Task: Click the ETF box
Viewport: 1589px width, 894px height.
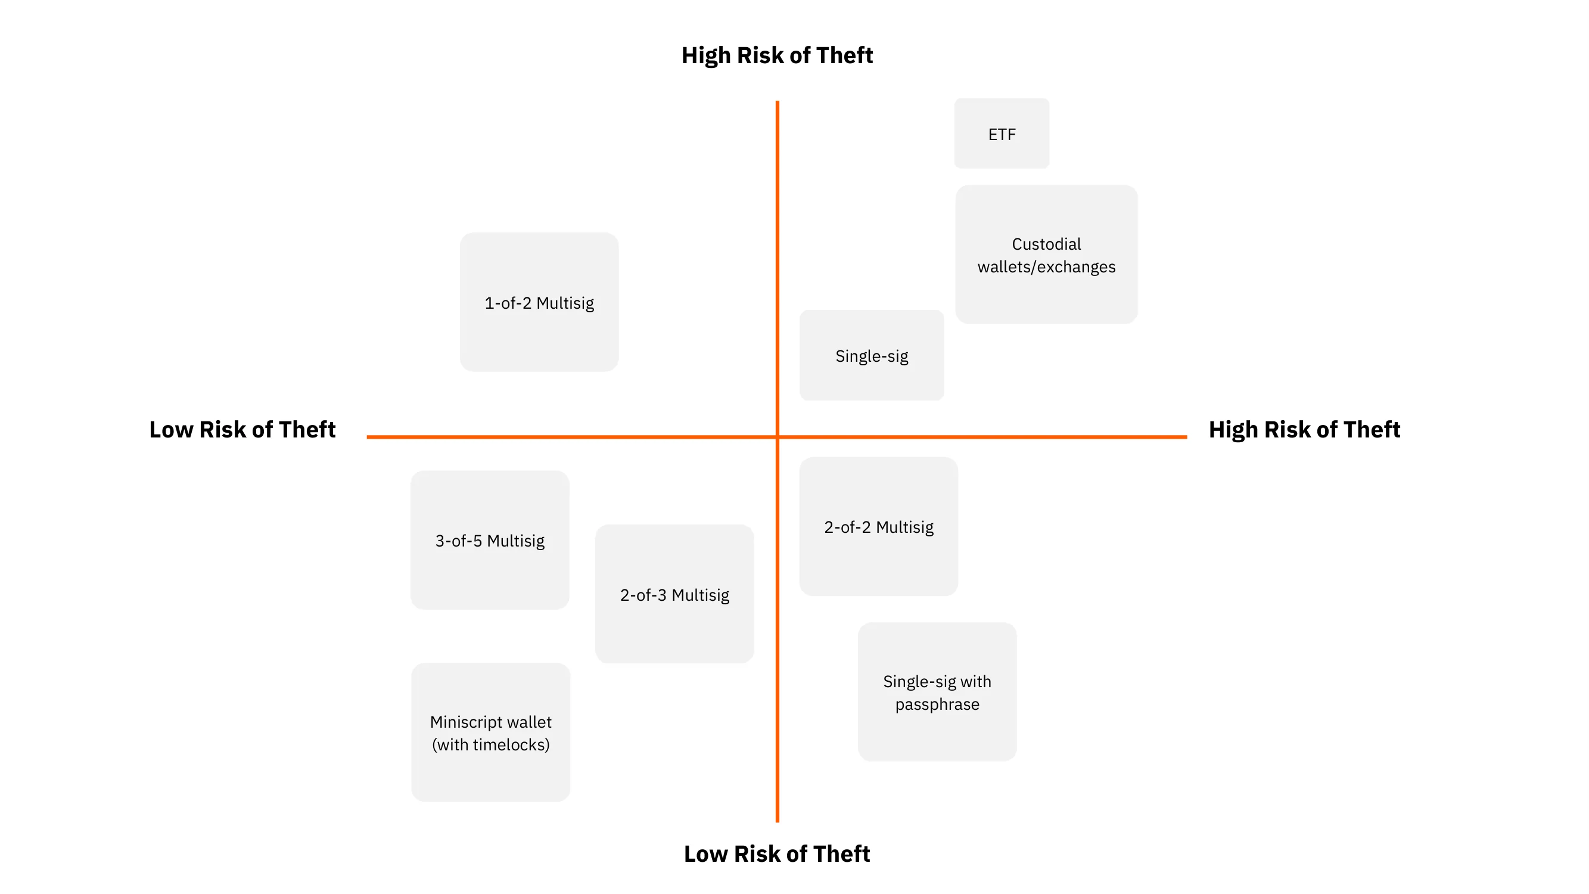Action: click(x=1002, y=134)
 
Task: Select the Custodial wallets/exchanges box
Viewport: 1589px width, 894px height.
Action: click(x=1047, y=255)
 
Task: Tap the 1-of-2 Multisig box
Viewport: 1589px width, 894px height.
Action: click(x=539, y=302)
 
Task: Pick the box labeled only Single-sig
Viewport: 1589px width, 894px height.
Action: click(x=872, y=355)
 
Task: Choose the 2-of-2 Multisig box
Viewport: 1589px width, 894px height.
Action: click(x=878, y=526)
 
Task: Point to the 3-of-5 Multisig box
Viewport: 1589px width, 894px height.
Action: click(x=490, y=541)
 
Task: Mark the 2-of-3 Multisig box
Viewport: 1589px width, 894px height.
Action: click(x=674, y=594)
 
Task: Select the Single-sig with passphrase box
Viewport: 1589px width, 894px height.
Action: click(x=937, y=691)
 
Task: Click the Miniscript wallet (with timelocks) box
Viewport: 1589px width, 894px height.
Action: click(x=490, y=732)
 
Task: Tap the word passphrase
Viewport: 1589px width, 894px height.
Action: click(x=937, y=704)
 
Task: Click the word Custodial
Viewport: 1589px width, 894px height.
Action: click(x=1046, y=244)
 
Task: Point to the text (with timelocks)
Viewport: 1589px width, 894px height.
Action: click(x=490, y=744)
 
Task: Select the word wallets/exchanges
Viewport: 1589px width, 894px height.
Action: click(x=1047, y=267)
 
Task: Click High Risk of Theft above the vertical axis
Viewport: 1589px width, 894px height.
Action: click(x=778, y=55)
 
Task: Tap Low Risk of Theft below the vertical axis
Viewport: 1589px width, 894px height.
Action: click(x=778, y=854)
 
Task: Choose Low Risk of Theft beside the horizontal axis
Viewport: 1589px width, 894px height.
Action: click(x=242, y=429)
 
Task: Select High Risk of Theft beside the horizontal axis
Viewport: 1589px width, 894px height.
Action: click(x=1305, y=429)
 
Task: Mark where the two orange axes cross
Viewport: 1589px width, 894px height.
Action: click(x=778, y=437)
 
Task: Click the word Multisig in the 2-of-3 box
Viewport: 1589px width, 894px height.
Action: click(x=700, y=595)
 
